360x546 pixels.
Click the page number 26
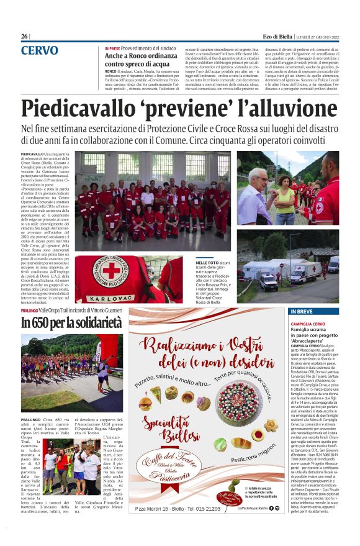25,37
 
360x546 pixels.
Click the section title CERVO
40,50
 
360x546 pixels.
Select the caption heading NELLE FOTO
225,264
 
